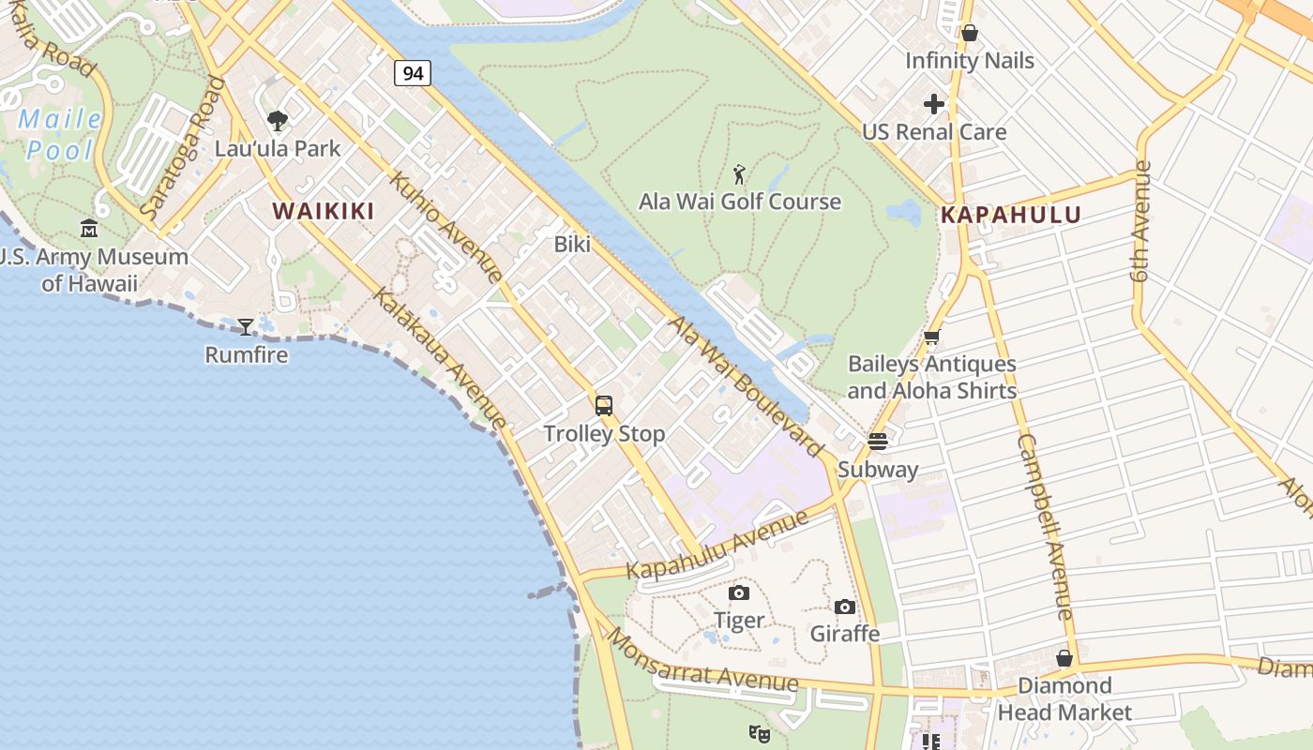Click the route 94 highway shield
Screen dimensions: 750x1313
(x=413, y=72)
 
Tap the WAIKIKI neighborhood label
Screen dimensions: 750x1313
(x=324, y=211)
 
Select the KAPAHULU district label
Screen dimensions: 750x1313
(x=1011, y=215)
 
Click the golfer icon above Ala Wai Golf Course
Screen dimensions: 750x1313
(x=740, y=174)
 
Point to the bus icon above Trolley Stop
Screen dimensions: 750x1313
(x=604, y=406)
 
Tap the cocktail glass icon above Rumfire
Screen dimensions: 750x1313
(x=246, y=327)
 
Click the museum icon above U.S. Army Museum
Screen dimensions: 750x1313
(x=89, y=228)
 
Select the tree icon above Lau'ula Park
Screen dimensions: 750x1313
(x=278, y=121)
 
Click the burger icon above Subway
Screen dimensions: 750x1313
(x=878, y=441)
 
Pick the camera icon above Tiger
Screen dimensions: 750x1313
(x=739, y=592)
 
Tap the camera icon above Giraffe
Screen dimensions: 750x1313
(x=845, y=607)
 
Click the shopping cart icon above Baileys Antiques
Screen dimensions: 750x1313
(x=931, y=337)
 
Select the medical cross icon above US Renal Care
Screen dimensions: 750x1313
(x=934, y=104)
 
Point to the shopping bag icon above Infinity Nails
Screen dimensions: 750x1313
(x=970, y=33)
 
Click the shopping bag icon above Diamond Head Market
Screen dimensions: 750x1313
(x=1064, y=658)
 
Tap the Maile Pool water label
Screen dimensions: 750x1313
(x=60, y=134)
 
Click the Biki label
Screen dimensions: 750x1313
(x=572, y=245)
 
